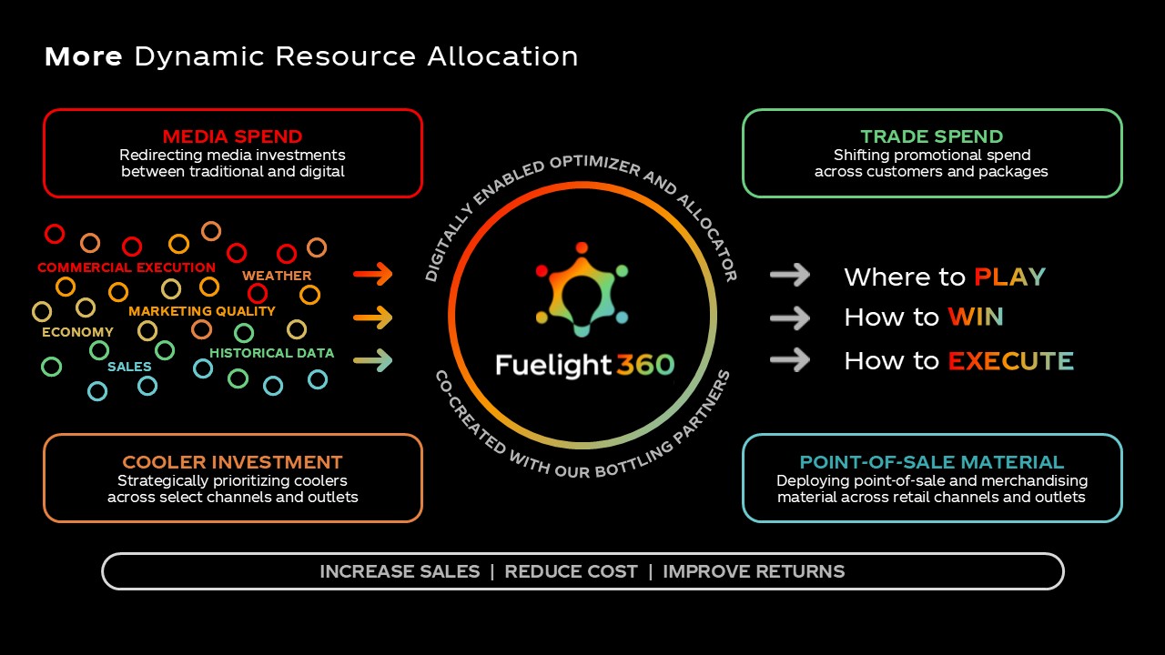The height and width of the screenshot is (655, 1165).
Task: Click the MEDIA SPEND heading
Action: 232,136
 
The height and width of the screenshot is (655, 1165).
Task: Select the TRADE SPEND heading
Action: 932,136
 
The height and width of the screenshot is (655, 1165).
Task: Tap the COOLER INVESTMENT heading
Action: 232,462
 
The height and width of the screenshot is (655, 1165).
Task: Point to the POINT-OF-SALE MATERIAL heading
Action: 932,462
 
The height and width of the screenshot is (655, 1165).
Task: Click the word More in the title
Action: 83,56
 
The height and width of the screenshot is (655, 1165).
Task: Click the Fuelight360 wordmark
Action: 584,365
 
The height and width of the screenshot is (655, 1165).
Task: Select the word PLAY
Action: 1009,277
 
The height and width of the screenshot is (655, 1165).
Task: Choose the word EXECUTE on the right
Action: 1010,361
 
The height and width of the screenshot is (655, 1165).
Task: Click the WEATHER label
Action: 277,276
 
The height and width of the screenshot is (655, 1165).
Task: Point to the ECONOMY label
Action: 77,332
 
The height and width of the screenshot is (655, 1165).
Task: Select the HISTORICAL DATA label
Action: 271,353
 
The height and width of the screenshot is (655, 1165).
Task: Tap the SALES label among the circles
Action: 129,367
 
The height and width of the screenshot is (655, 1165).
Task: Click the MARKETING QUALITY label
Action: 201,311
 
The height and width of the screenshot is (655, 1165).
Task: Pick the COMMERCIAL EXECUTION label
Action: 127,267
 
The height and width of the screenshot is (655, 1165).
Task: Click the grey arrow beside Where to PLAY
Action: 790,275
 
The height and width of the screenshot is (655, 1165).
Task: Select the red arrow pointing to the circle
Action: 372,274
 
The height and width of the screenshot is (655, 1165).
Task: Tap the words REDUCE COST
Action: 571,571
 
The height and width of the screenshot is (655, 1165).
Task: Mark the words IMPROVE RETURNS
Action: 754,571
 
